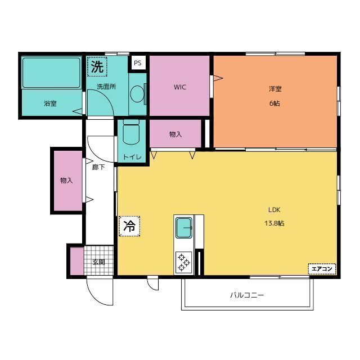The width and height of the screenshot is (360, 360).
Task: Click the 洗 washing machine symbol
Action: [97, 67]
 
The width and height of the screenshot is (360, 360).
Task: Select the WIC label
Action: [180, 87]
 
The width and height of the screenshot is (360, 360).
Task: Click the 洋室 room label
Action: [275, 89]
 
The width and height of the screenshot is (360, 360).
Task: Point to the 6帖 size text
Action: [275, 103]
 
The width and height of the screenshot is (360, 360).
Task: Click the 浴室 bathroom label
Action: [50, 103]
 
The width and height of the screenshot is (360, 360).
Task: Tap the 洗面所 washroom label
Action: [106, 87]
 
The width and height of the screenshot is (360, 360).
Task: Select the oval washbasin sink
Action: [137, 93]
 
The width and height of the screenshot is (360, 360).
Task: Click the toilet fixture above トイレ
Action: [132, 133]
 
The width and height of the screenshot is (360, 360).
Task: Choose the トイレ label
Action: [132, 157]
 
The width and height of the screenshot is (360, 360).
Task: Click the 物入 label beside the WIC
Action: [175, 134]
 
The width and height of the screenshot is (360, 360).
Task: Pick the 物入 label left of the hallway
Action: [66, 181]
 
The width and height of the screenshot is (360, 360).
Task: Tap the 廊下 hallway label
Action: [98, 167]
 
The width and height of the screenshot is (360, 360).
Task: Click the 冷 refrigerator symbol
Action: [129, 226]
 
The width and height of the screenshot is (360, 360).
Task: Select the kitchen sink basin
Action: [184, 228]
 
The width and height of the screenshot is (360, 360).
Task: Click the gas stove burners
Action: [184, 262]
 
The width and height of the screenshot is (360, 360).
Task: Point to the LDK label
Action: [274, 210]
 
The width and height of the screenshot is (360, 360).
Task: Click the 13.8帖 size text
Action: [274, 223]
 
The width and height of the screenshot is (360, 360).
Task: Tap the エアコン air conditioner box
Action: [323, 269]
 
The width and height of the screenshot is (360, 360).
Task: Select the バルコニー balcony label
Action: [246, 295]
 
